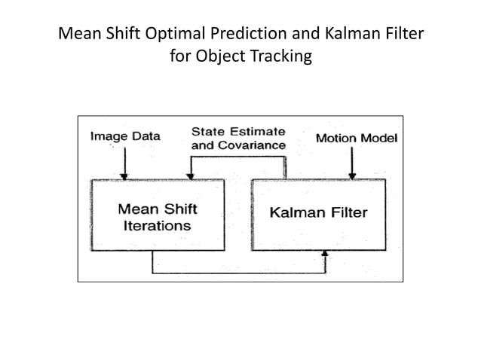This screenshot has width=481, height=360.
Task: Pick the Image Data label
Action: coord(125,136)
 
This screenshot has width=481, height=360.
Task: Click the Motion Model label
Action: coord(356,138)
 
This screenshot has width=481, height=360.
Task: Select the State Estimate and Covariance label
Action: coord(238,138)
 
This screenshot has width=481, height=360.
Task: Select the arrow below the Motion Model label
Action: coord(351,163)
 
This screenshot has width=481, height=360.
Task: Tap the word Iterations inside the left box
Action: coord(155,225)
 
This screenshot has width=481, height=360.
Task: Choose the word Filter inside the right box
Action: coord(347,212)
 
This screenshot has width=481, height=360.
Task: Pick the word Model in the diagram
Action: coord(378,138)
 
